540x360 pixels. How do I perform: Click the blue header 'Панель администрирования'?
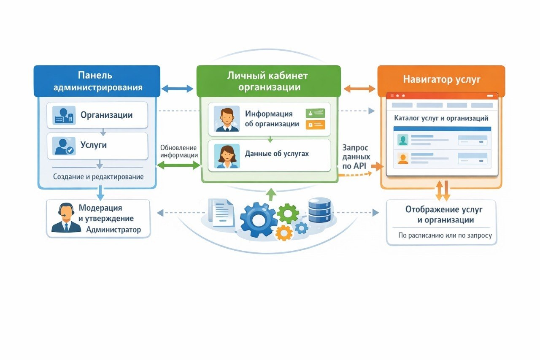click(97, 81)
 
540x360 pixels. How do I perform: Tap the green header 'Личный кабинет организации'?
click(269, 81)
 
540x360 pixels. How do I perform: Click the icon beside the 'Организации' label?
click(64, 115)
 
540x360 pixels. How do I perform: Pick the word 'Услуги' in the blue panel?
click(94, 145)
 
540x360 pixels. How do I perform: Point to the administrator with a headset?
click(66, 218)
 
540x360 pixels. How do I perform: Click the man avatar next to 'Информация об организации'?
click(227, 119)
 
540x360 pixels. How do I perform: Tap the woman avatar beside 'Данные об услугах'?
click(227, 156)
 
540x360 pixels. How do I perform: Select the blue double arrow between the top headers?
click(178, 89)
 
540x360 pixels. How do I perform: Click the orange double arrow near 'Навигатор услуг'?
click(359, 89)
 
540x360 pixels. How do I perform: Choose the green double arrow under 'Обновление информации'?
click(178, 165)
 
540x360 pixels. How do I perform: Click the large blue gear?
click(259, 220)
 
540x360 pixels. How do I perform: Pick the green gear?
click(288, 214)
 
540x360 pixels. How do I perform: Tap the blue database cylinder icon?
click(320, 210)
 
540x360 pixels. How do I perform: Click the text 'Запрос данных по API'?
click(356, 157)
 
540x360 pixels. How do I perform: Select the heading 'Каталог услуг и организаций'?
click(441, 119)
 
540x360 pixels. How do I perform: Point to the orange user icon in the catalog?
click(403, 159)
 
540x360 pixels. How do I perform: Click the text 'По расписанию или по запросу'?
click(445, 235)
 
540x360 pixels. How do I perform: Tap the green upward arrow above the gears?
click(272, 194)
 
